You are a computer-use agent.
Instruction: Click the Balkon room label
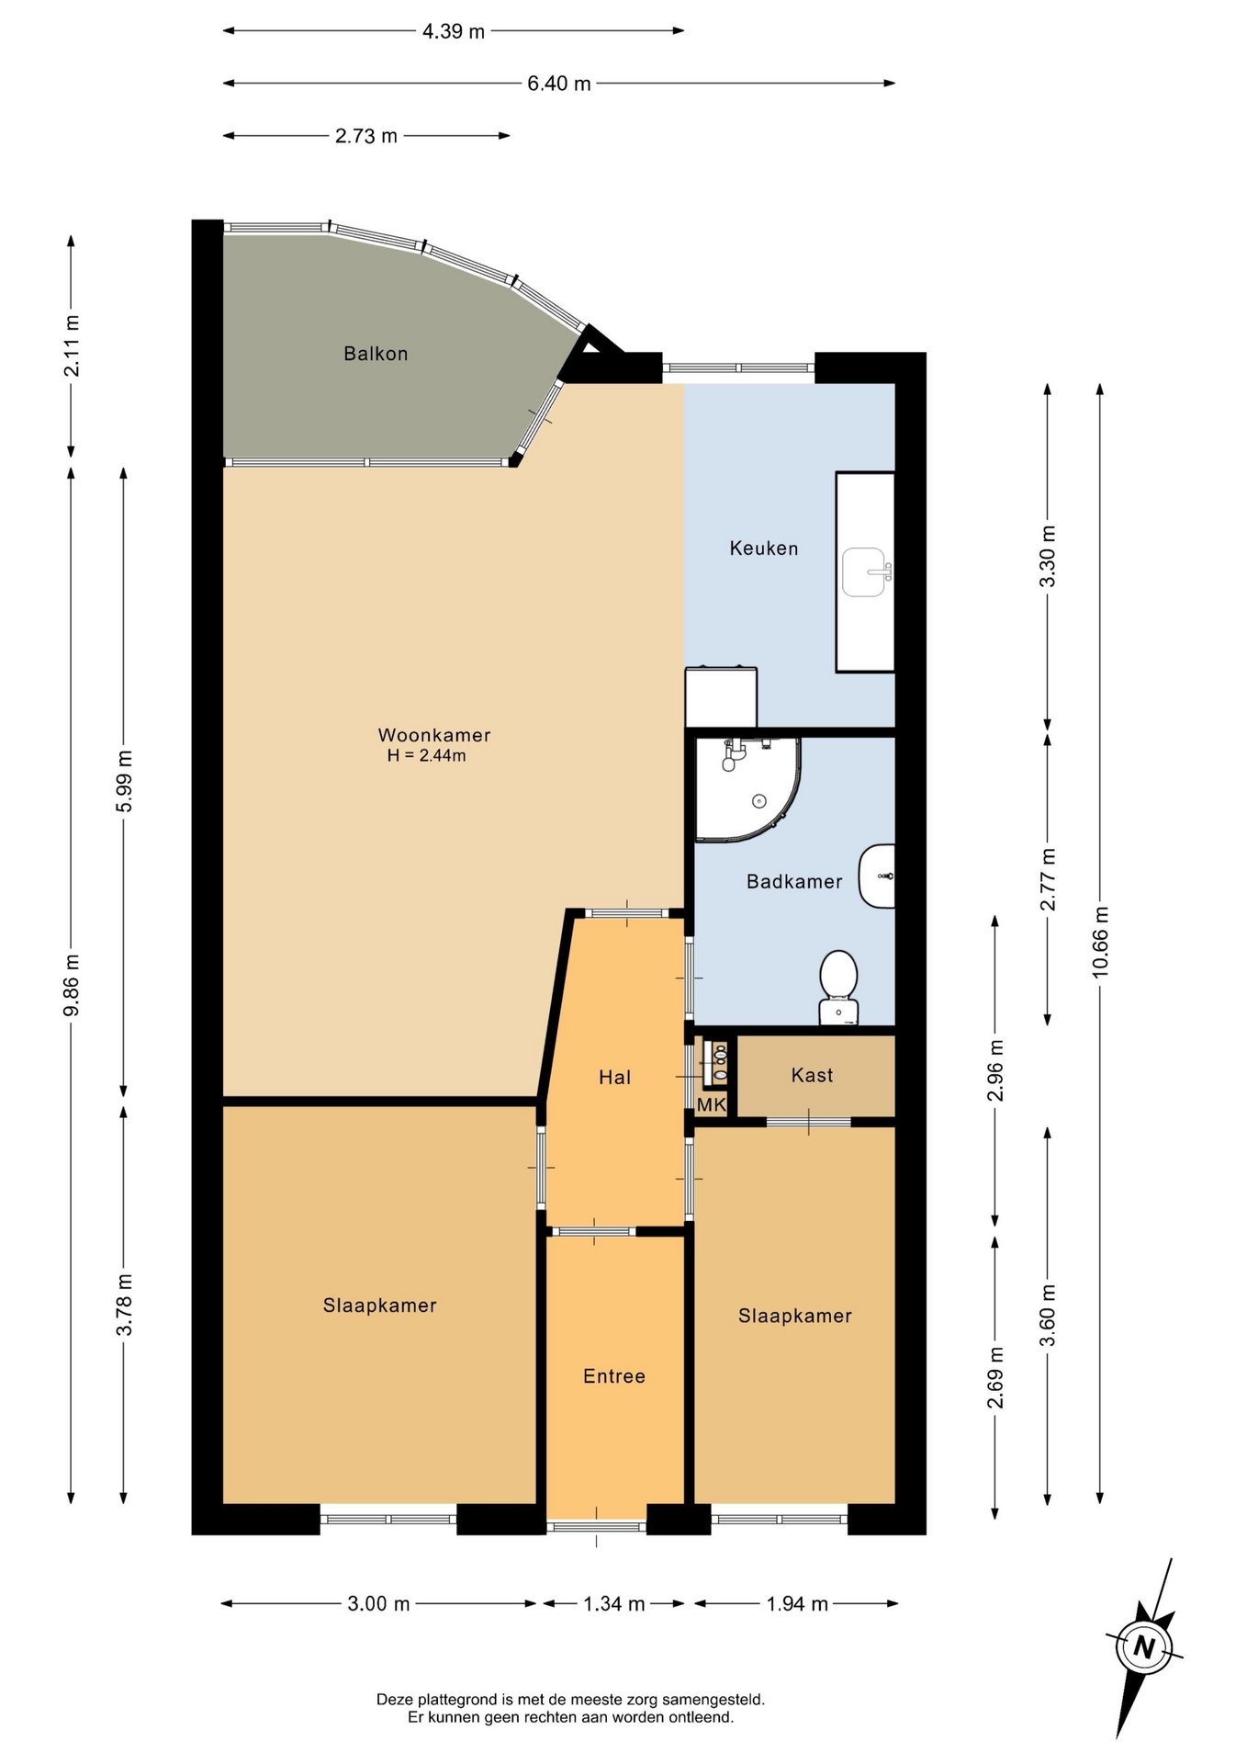coord(376,354)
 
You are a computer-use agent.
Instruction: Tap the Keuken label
coord(764,548)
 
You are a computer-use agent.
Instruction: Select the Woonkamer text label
coord(434,735)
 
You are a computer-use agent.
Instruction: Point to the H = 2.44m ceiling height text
coord(427,756)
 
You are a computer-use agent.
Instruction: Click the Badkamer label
coord(794,882)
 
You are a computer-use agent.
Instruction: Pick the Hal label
coord(614,1077)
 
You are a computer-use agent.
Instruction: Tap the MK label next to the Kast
coord(712,1105)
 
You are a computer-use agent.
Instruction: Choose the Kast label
coord(813,1075)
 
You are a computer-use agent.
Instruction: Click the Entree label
coord(614,1376)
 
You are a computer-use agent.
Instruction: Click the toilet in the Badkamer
coord(838,987)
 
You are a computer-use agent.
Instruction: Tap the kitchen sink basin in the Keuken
coord(864,572)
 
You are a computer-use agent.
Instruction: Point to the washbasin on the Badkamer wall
coord(877,876)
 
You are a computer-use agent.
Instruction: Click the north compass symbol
coord(1143,1646)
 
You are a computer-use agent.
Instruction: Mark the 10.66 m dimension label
coord(1100,942)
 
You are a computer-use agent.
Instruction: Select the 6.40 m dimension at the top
coord(559,84)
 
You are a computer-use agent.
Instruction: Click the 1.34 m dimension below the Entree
coord(614,1604)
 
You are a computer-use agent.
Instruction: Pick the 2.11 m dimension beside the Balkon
coord(72,345)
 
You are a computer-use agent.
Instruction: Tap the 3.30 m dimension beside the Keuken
coord(1048,557)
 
